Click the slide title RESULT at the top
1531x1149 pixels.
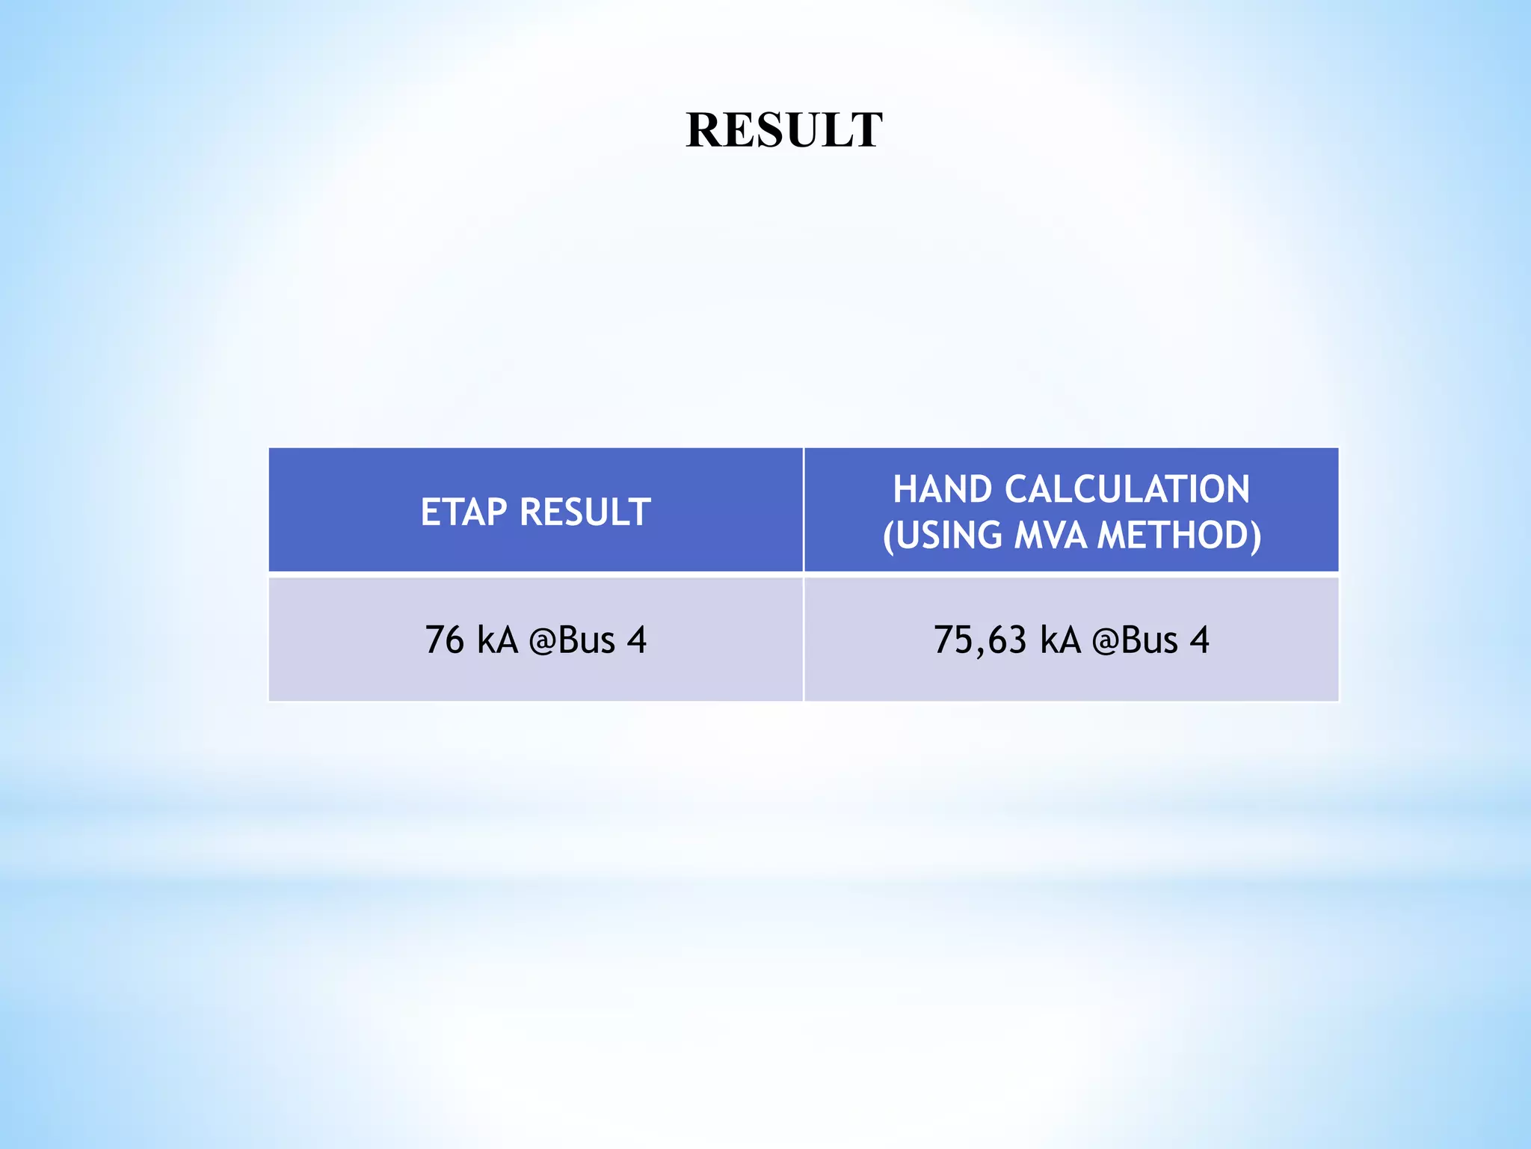point(783,130)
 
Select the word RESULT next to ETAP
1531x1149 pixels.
point(585,512)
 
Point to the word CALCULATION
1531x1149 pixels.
point(1127,490)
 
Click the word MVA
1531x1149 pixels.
point(1050,536)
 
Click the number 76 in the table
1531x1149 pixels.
point(444,640)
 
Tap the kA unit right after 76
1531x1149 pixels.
point(497,640)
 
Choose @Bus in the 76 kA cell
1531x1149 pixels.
point(572,640)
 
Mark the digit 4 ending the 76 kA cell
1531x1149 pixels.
point(637,640)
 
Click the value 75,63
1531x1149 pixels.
point(980,640)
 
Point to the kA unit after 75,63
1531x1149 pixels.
point(1061,640)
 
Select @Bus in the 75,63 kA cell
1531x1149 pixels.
point(1135,640)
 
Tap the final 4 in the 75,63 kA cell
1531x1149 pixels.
point(1200,640)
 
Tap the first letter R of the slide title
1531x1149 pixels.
point(704,130)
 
